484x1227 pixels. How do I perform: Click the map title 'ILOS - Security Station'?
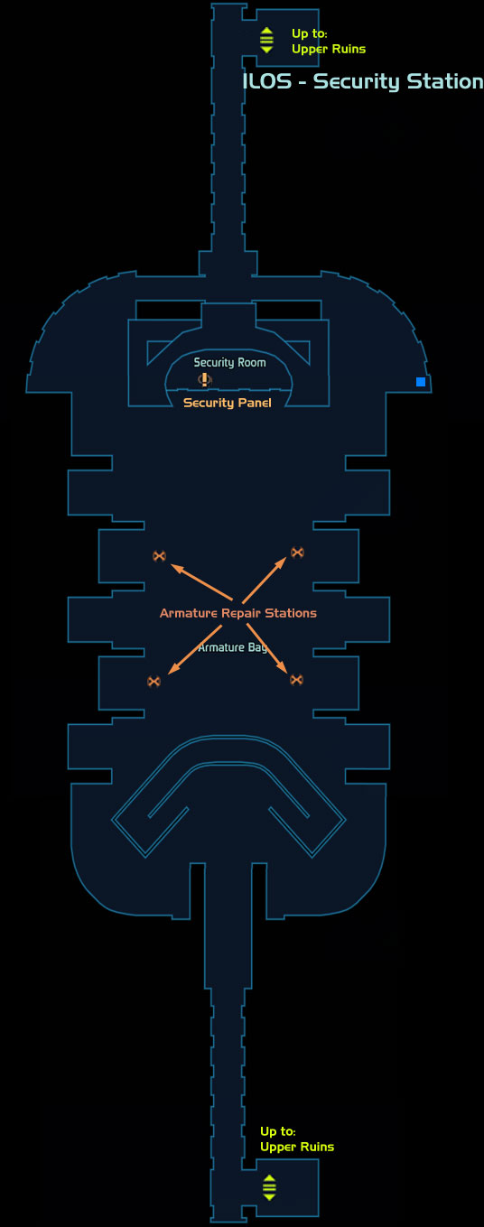click(362, 81)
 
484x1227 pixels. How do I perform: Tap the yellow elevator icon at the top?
click(266, 40)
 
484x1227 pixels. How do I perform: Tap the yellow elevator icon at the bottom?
click(269, 1187)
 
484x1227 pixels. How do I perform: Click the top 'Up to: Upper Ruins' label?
click(329, 42)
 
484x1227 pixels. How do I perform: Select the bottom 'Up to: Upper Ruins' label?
click(297, 1139)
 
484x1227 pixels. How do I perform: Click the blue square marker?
click(421, 382)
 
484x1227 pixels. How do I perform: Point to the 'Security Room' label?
click(229, 363)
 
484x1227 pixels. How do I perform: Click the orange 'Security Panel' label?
click(227, 404)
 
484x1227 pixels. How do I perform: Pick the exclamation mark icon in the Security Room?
click(204, 379)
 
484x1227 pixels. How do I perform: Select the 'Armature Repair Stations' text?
click(237, 614)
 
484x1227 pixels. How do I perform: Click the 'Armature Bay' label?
click(232, 648)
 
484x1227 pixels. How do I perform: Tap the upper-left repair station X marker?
click(159, 556)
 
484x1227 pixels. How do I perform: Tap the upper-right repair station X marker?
click(297, 553)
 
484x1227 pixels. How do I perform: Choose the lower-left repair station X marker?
click(154, 682)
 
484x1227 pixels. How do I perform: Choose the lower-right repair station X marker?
click(296, 680)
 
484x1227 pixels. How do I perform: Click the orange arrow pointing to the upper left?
click(201, 581)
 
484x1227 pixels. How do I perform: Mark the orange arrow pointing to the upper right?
click(265, 580)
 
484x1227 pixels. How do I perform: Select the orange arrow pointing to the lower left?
click(194, 650)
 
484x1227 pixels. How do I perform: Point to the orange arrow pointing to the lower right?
click(266, 648)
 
